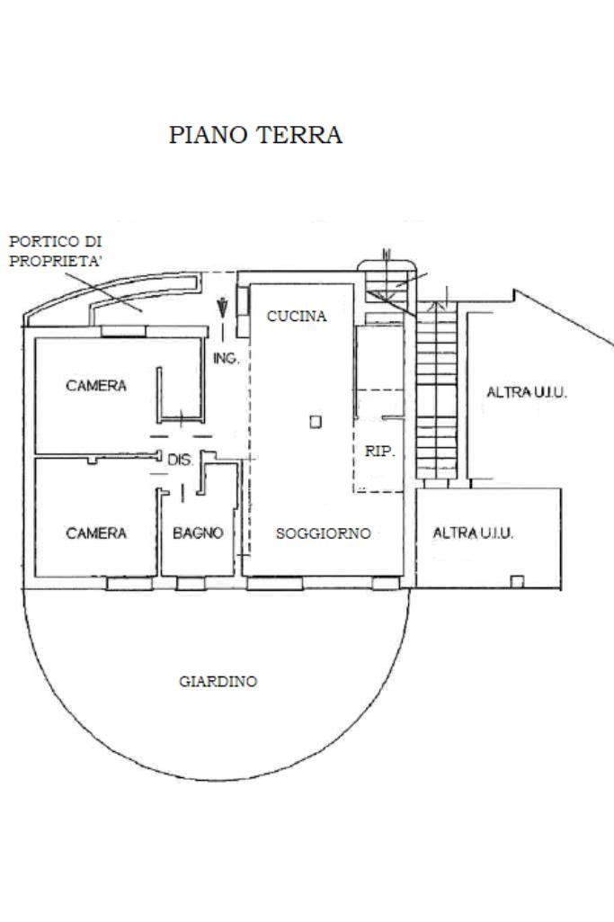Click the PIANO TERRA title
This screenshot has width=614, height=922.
[256, 136]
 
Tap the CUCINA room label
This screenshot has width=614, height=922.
[297, 317]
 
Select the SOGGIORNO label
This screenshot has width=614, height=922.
[323, 533]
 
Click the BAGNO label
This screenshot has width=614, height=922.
[198, 533]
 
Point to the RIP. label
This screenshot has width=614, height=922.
[380, 452]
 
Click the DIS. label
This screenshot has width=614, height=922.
[181, 460]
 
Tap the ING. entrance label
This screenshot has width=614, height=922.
[226, 359]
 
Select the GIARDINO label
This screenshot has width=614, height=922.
[218, 682]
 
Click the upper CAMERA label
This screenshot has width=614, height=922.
[96, 386]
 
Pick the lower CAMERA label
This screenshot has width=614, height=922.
[96, 533]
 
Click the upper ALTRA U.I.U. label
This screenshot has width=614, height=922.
[527, 393]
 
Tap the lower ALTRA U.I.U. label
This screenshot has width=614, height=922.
[473, 533]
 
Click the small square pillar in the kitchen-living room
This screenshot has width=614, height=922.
[315, 421]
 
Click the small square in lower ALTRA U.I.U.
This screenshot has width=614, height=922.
[517, 581]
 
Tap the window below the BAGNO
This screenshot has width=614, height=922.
[190, 583]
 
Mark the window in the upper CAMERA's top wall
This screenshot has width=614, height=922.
[122, 330]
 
